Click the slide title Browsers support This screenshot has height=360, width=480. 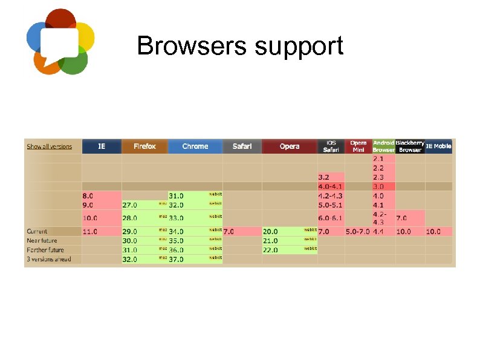[240, 46]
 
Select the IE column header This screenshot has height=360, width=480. [102, 146]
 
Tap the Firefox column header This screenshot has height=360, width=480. [144, 146]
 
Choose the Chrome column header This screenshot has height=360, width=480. [195, 146]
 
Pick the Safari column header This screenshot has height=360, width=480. [242, 146]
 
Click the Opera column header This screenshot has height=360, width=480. [290, 146]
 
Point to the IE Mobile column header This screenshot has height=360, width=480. [439, 146]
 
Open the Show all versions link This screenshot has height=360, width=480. [49, 146]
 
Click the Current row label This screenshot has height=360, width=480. [37, 231]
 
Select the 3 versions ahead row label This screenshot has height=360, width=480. [49, 259]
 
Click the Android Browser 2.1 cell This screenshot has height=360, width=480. [379, 159]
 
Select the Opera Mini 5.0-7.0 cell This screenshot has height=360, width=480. [357, 231]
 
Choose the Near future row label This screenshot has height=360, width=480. [42, 240]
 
